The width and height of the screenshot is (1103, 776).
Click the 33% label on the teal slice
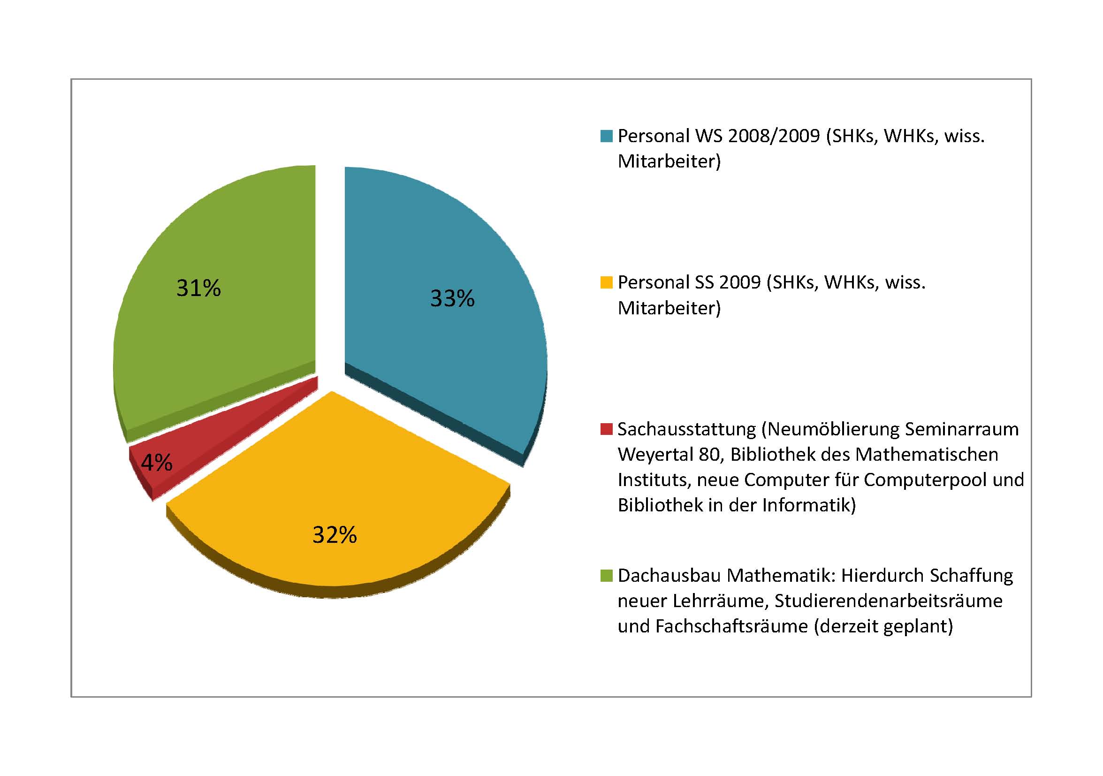click(x=452, y=298)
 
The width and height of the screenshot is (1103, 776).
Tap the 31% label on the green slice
click(x=198, y=288)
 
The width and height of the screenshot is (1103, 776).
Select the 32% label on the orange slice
click(x=335, y=535)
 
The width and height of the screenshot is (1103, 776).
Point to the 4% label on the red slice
click(x=157, y=463)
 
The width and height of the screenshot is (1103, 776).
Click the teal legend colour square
click(x=606, y=137)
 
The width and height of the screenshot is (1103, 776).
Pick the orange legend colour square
click(x=606, y=282)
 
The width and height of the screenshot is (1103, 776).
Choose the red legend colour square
click(x=606, y=429)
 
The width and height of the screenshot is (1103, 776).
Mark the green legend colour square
click(x=606, y=576)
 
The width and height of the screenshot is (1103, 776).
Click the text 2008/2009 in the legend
click(x=774, y=137)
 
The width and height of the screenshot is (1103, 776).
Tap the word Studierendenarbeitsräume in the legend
click(x=888, y=601)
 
